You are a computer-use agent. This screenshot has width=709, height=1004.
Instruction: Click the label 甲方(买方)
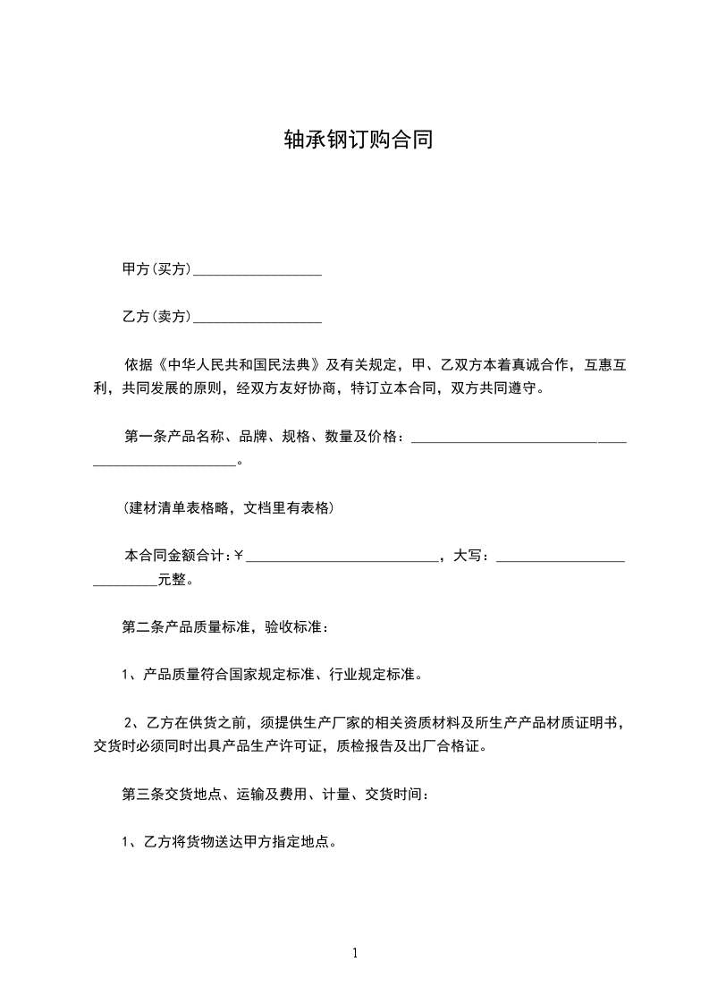(156, 268)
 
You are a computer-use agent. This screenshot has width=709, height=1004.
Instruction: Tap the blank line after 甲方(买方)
(257, 271)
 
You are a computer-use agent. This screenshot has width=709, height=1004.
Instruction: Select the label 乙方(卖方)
(156, 316)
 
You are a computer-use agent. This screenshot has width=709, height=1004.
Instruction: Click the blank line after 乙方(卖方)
(257, 319)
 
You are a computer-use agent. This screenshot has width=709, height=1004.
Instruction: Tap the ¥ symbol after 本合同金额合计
(239, 556)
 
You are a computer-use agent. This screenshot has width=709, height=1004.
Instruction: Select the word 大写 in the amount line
(470, 556)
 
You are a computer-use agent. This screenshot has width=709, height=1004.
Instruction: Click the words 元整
(173, 579)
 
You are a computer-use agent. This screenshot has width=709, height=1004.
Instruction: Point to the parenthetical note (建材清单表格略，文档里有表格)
(228, 507)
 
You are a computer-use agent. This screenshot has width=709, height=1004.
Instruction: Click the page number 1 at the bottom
(355, 953)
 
